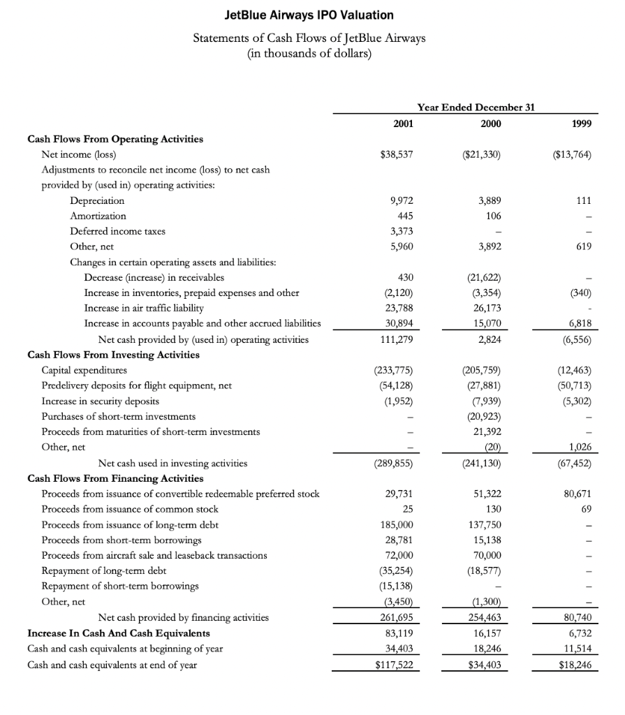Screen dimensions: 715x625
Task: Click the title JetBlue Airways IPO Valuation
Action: pos(309,15)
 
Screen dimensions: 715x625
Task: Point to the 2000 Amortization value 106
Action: pos(493,216)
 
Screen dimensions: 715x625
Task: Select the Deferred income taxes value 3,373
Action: pos(400,231)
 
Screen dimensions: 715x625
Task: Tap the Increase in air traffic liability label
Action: pos(144,308)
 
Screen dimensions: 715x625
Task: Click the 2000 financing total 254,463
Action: pos(487,618)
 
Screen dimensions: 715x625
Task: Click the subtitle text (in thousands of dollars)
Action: pos(309,53)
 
